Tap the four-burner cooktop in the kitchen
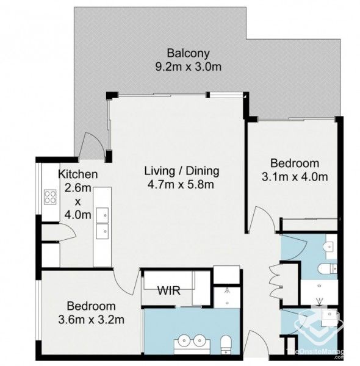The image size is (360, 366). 49,198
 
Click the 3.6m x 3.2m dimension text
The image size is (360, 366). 96,318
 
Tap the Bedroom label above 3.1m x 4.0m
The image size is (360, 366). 295,163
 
